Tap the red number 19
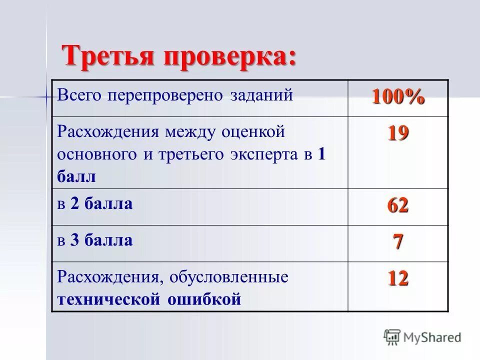(x=397, y=133)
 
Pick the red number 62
(x=397, y=205)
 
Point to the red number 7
(x=398, y=242)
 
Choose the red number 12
(x=397, y=278)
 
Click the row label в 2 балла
(x=95, y=204)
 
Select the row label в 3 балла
(x=95, y=240)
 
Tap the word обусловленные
(x=229, y=277)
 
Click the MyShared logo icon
(x=392, y=337)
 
